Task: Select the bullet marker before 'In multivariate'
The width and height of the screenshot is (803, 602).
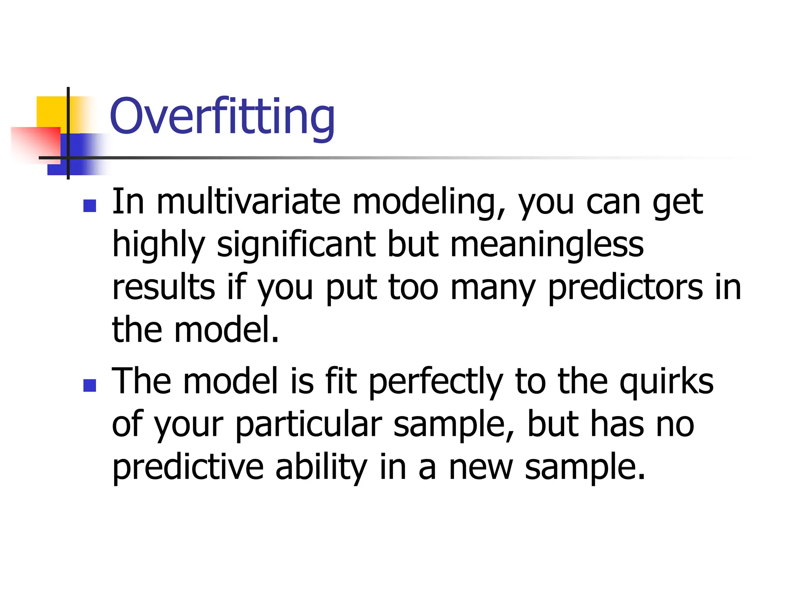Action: pyautogui.click(x=90, y=206)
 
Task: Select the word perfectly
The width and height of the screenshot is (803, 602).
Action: pyautogui.click(x=436, y=382)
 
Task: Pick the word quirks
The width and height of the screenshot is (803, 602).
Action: pyautogui.click(x=666, y=382)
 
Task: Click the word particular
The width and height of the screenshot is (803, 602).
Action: pyautogui.click(x=308, y=425)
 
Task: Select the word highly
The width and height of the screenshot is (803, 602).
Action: pyautogui.click(x=158, y=245)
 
